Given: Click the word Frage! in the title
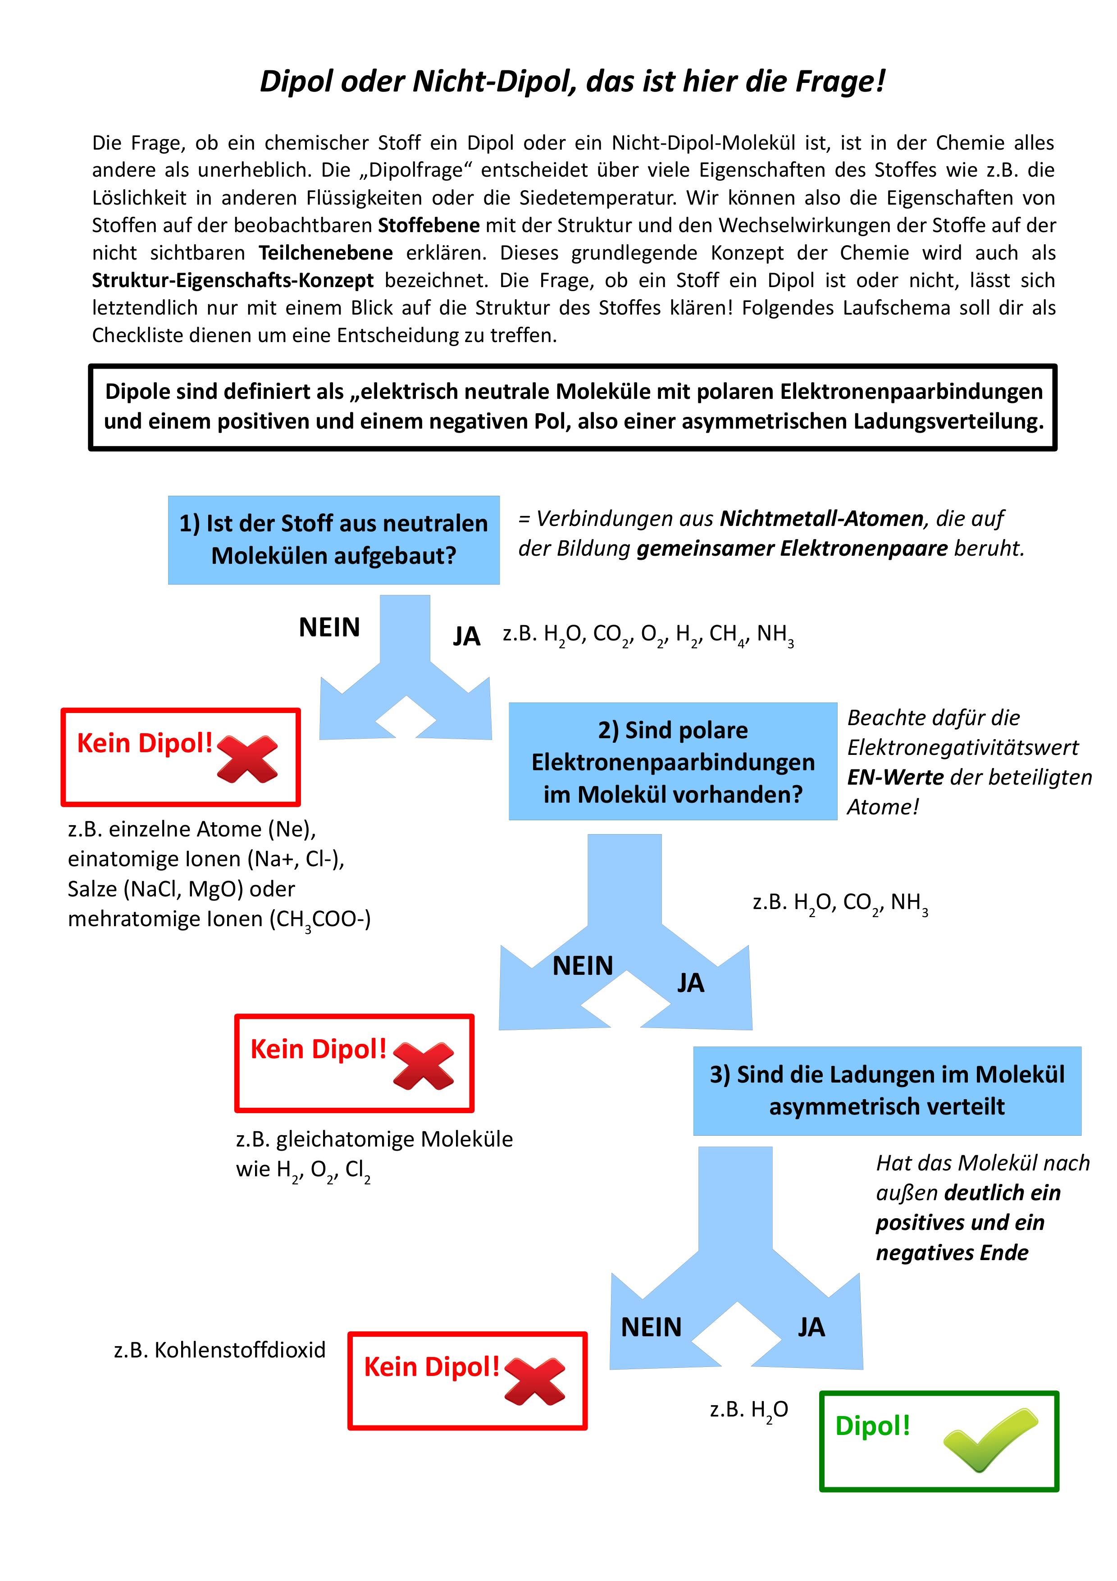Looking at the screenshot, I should [840, 81].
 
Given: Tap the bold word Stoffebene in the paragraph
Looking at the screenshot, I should [429, 225].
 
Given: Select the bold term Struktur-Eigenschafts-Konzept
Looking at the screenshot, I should [233, 280].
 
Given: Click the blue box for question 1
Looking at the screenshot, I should [334, 540].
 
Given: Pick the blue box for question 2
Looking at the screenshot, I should [672, 762].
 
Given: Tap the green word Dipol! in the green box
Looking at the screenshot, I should [872, 1426].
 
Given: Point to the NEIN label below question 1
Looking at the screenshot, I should [329, 627].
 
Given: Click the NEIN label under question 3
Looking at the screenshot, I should [651, 1327].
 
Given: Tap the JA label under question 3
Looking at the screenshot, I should [811, 1327].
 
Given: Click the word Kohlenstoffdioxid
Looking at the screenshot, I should [240, 1350].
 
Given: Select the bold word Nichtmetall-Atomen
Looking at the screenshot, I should [821, 518].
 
